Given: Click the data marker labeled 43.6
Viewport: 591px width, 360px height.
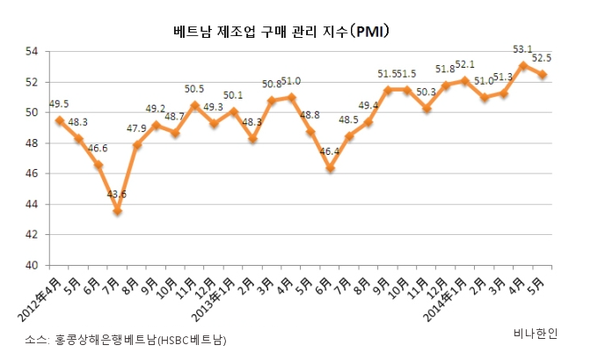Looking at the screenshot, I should (x=117, y=211).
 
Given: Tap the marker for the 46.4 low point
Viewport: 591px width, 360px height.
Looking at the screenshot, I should (x=329, y=168).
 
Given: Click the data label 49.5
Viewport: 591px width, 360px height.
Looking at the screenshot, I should (x=60, y=102).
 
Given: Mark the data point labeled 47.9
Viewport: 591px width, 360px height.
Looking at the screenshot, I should (x=136, y=145).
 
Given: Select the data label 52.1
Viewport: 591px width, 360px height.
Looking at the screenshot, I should (x=464, y=64).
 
